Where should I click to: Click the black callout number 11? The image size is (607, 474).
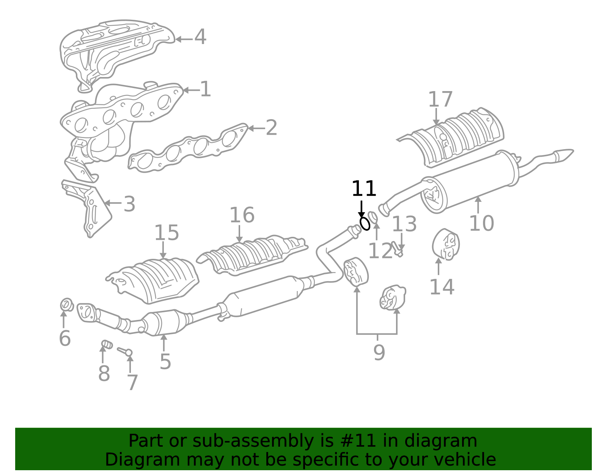click(364, 189)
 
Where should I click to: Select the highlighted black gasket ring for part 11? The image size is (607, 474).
click(365, 224)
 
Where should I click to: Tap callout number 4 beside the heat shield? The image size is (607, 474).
click(200, 37)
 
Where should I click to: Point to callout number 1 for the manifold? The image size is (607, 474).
click(205, 90)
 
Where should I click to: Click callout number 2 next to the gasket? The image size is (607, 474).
click(271, 128)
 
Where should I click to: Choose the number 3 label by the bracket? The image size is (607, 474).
click(129, 204)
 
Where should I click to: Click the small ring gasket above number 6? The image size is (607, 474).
click(67, 304)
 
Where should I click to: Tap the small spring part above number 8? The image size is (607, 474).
click(107, 345)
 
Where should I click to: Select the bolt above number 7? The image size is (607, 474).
click(125, 351)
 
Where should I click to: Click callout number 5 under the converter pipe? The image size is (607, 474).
click(165, 362)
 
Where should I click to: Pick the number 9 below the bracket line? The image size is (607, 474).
click(379, 353)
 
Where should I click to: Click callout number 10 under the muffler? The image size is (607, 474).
click(481, 223)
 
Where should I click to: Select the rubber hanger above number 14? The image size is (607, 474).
click(446, 244)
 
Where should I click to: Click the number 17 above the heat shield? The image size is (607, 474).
click(440, 100)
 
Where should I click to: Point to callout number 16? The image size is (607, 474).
click(242, 216)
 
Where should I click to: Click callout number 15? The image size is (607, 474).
click(166, 233)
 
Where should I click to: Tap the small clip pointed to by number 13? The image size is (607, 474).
click(397, 249)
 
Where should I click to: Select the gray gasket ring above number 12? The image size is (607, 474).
click(373, 217)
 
